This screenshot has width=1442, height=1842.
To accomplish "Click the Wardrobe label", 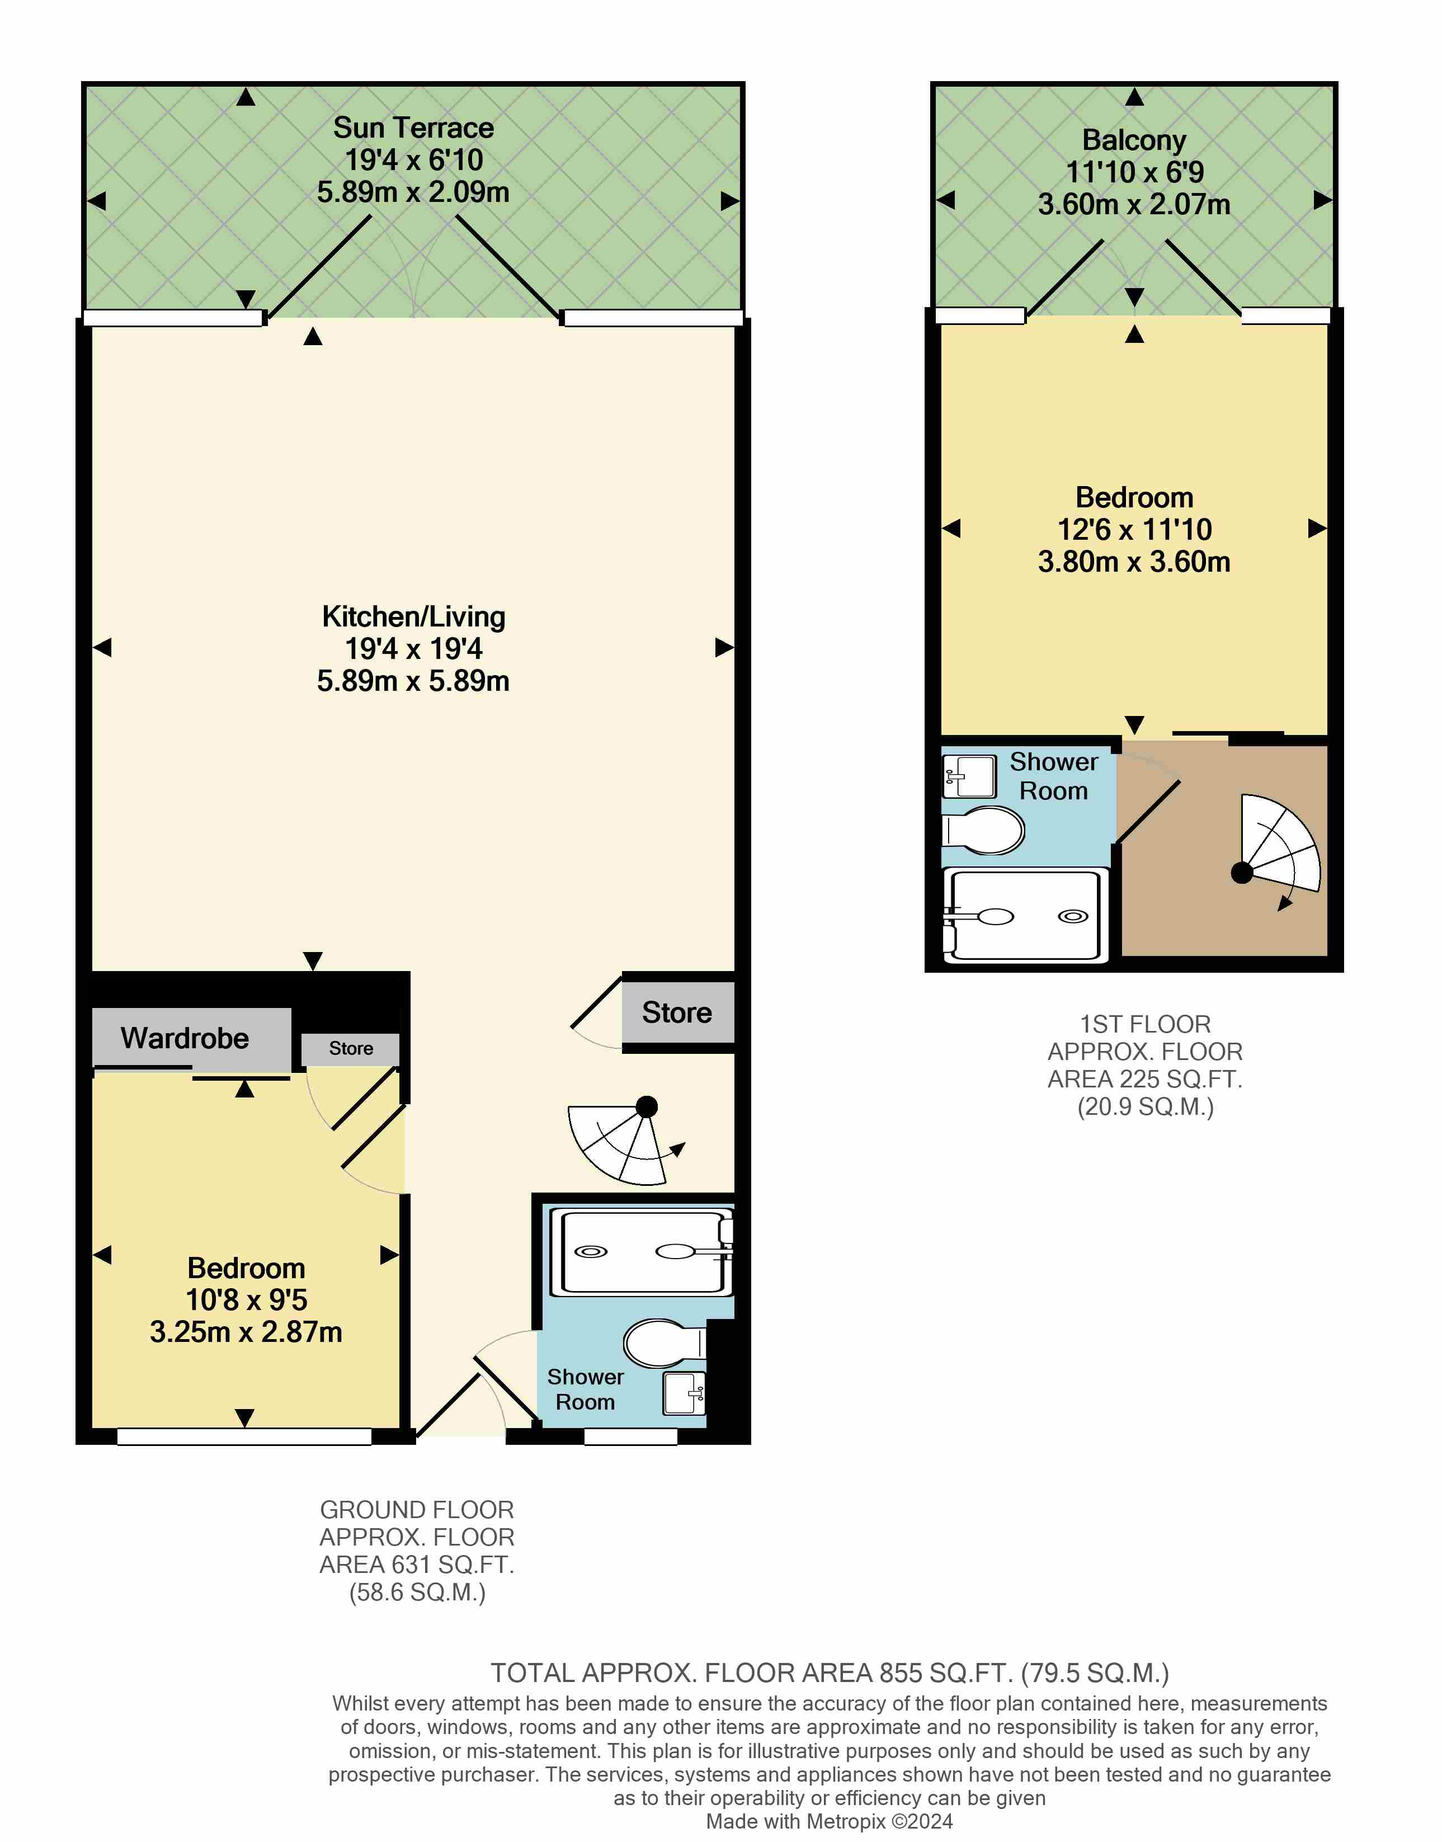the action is tap(185, 1038).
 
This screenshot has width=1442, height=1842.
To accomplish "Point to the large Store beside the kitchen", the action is tap(677, 1012).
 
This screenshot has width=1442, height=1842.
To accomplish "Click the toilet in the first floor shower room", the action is tap(983, 831).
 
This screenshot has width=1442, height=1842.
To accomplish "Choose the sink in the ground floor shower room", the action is tap(685, 1393).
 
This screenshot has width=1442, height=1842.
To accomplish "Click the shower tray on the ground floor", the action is tap(642, 1252).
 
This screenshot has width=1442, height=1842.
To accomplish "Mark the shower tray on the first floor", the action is tap(1024, 916).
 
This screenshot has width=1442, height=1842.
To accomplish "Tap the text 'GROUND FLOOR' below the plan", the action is tap(417, 1509).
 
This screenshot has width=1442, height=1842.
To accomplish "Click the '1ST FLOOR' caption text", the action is tap(1146, 1024).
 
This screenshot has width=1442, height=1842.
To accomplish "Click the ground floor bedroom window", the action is tap(244, 1437).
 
